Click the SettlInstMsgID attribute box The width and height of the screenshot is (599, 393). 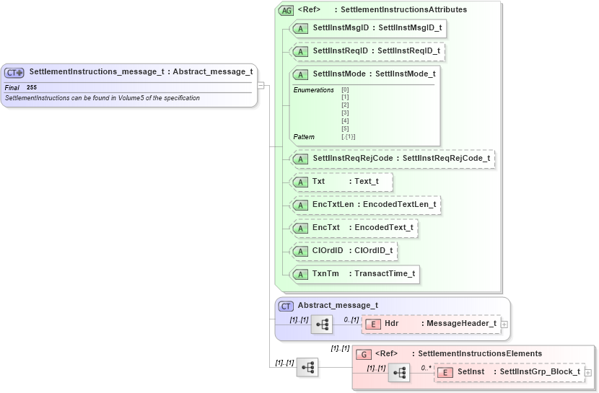(368, 29)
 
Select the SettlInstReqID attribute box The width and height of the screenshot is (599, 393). (368, 52)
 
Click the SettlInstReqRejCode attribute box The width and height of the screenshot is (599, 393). (393, 159)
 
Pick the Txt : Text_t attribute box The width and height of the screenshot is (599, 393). (341, 182)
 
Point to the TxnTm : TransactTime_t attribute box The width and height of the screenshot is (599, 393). (354, 274)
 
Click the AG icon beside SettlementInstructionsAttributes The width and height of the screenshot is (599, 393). (287, 10)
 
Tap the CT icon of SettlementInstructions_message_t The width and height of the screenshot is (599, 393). (14, 72)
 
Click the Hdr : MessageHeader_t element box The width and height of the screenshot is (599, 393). (432, 324)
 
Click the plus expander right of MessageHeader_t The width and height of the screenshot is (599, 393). (504, 324)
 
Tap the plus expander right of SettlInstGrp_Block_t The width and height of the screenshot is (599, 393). (588, 373)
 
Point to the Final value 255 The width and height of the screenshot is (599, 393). (32, 87)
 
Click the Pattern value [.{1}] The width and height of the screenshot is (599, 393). (348, 136)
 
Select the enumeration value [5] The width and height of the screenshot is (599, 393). (345, 128)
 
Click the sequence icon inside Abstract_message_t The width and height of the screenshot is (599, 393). (322, 324)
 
